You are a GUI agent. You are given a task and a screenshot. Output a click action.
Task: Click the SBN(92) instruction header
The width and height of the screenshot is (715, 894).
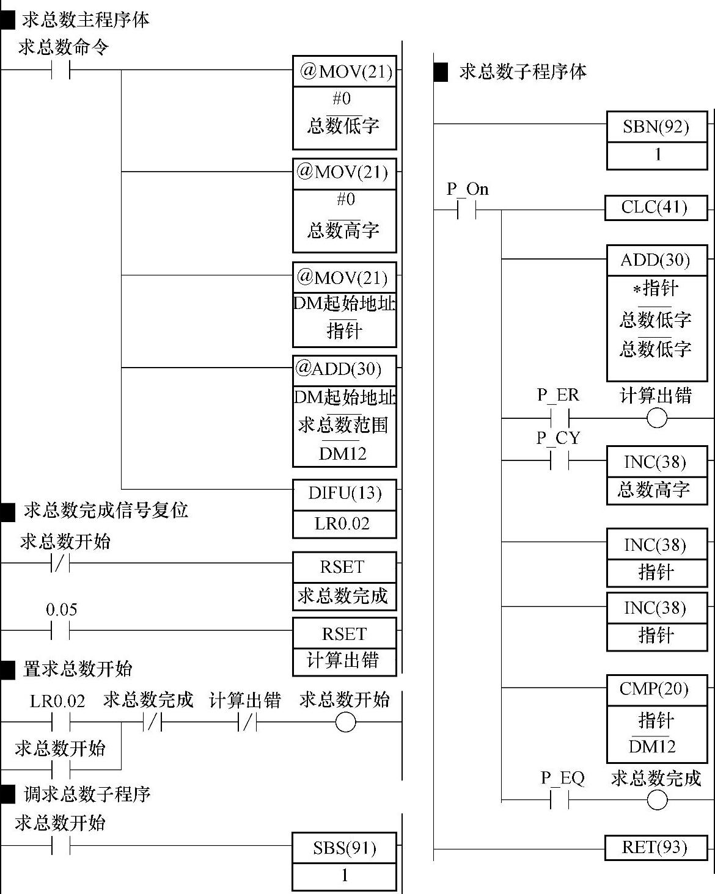[656, 126]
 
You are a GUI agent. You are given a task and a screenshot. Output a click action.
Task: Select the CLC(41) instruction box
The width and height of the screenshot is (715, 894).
[654, 208]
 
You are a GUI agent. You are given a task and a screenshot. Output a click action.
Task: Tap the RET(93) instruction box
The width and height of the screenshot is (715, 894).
[654, 847]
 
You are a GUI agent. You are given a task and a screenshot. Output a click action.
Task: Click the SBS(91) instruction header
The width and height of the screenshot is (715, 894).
[344, 848]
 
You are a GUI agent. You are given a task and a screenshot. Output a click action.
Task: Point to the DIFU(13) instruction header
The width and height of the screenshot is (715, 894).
[344, 493]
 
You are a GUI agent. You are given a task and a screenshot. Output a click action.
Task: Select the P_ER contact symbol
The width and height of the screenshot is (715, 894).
[559, 419]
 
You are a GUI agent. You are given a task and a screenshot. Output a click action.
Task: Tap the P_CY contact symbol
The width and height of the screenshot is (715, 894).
[559, 460]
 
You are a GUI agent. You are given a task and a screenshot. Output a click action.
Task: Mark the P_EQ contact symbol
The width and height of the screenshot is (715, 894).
[560, 800]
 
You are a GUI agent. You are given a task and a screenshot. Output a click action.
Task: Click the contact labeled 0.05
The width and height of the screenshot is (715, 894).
[61, 630]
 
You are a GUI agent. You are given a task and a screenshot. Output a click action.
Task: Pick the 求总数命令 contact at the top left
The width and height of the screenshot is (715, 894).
[61, 70]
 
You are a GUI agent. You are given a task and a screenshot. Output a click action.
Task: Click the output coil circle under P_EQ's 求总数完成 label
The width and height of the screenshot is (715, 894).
[657, 800]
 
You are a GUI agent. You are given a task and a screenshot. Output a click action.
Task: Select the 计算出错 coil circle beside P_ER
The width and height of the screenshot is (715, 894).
[657, 419]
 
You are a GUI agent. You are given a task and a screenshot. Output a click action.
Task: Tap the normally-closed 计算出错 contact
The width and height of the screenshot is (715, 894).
[247, 723]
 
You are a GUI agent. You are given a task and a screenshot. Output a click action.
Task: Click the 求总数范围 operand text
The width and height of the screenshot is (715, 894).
[343, 425]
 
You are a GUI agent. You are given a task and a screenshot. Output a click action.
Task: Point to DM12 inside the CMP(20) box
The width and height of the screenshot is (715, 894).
[653, 746]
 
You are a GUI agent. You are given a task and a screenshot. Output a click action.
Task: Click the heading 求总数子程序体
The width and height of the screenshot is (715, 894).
[522, 72]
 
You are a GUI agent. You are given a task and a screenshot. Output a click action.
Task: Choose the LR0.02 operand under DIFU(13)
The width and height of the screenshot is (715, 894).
[343, 524]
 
